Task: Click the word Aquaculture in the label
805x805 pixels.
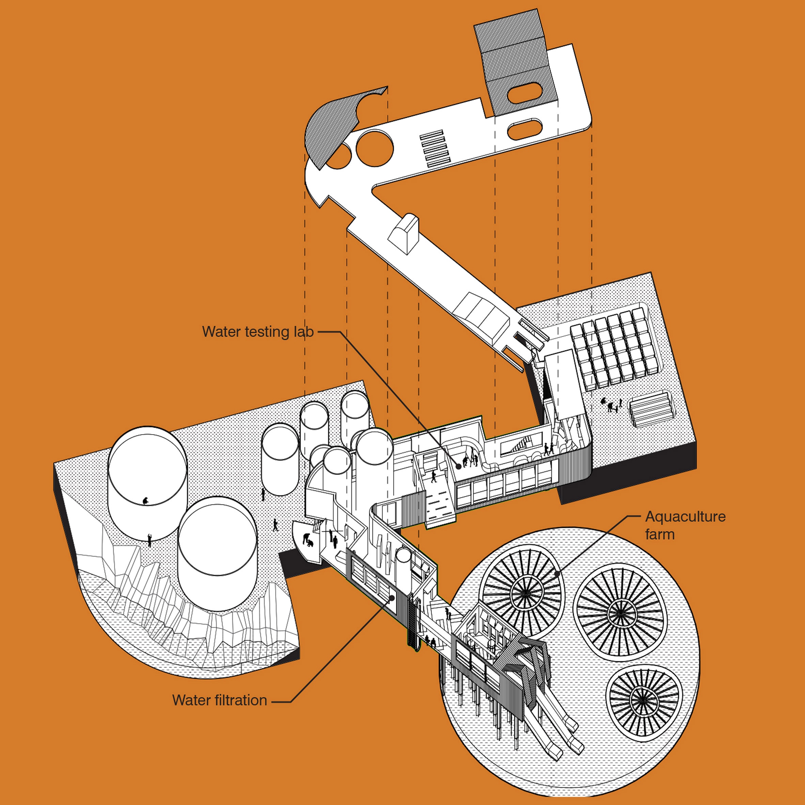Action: coord(685,517)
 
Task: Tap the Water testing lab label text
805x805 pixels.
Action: coord(257,332)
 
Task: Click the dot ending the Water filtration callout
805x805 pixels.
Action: coord(392,598)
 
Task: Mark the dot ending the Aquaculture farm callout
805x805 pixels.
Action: coord(558,572)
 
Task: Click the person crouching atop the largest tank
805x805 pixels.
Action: coord(145,501)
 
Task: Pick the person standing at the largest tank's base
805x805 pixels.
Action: coord(149,540)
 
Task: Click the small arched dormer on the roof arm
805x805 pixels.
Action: coord(403,233)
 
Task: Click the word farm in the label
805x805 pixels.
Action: coord(660,535)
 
